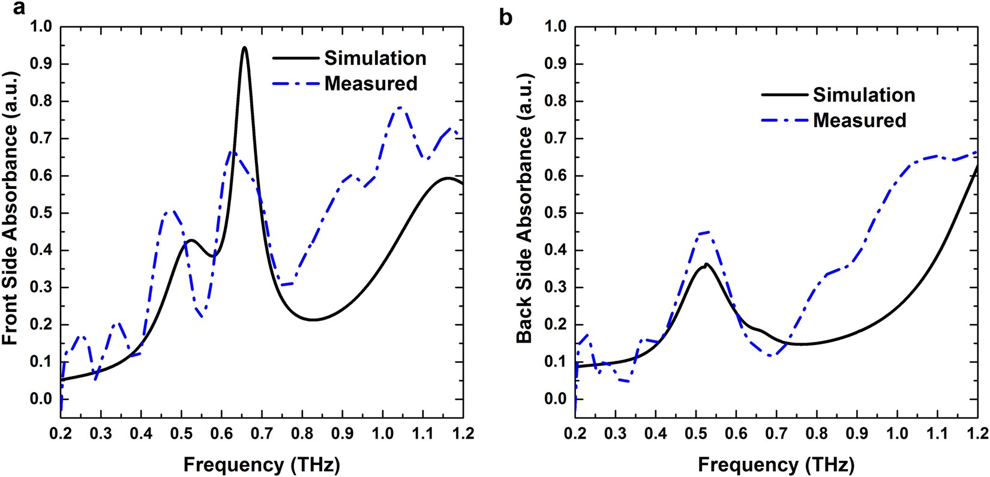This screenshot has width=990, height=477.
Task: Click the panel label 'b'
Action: click(x=506, y=17)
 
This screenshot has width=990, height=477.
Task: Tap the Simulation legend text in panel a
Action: click(x=375, y=58)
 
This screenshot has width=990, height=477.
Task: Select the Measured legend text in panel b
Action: click(x=859, y=120)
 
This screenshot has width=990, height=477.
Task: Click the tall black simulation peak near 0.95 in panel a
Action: click(x=244, y=47)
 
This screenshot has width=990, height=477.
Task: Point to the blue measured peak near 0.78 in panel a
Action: click(x=400, y=107)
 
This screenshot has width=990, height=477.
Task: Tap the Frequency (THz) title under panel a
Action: click(x=262, y=464)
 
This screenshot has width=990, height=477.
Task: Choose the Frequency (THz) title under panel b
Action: click(x=776, y=464)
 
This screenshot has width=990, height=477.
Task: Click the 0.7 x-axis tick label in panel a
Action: click(x=262, y=433)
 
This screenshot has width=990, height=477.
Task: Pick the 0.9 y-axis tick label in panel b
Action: click(x=556, y=64)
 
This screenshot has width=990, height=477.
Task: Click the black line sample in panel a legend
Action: click(x=295, y=58)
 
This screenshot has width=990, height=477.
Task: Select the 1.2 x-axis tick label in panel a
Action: click(x=462, y=433)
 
